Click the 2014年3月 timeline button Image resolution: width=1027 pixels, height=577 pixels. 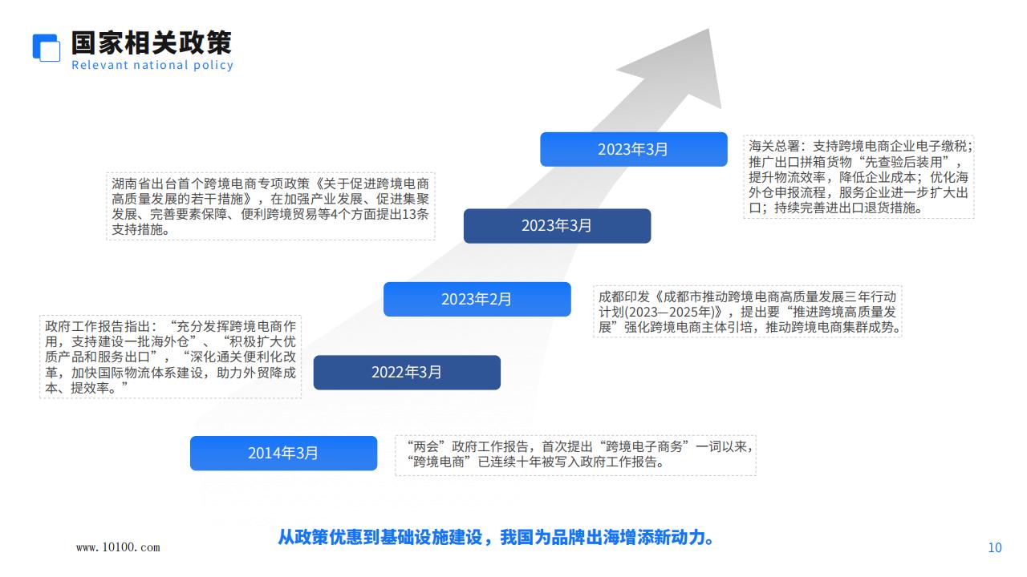(x=283, y=453)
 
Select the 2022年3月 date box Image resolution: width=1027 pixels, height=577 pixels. (x=407, y=373)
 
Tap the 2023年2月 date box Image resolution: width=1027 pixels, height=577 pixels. (x=477, y=299)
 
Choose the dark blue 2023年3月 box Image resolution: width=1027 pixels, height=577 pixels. (x=557, y=226)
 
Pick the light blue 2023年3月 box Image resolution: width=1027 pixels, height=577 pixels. (x=634, y=149)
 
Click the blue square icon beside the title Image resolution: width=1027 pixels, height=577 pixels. (x=46, y=47)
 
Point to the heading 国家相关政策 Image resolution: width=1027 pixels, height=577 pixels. (x=152, y=43)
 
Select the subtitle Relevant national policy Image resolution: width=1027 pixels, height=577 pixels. (x=152, y=65)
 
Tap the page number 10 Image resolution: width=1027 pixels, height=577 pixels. (x=994, y=547)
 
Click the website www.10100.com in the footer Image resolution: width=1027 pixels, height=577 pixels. (x=118, y=547)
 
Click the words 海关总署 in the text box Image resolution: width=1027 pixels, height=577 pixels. (x=774, y=147)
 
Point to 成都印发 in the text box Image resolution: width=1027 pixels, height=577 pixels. (x=624, y=297)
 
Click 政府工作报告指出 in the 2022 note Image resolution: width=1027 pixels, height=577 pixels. (x=98, y=326)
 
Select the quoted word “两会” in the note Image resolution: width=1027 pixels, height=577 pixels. (x=426, y=446)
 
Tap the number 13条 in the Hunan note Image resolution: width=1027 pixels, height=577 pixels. (x=416, y=214)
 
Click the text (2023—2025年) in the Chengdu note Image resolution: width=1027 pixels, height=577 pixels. (x=673, y=313)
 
